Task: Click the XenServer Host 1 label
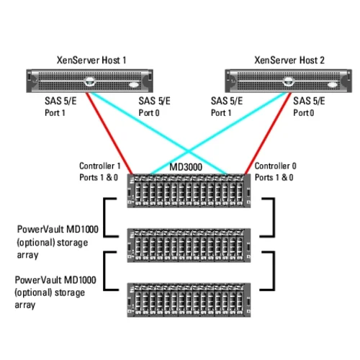92,60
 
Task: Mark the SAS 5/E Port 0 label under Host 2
311,107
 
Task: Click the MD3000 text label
185,167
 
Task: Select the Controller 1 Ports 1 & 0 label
100,171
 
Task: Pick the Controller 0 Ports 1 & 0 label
276,171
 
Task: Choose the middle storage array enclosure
189,246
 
